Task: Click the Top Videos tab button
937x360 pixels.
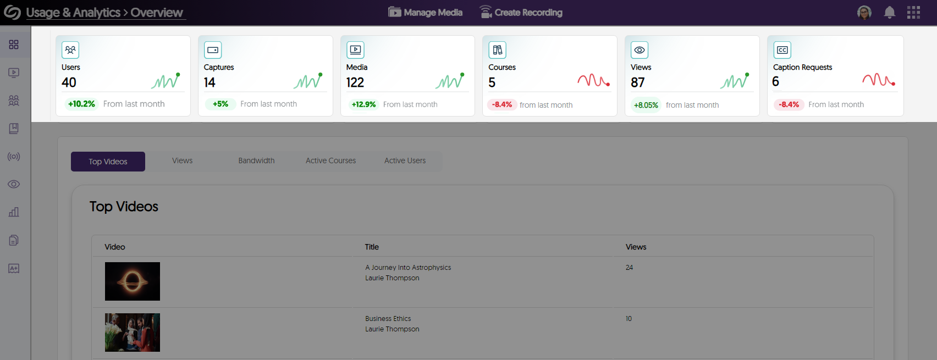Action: point(108,162)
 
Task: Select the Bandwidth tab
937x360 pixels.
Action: point(256,160)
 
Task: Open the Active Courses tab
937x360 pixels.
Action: point(330,160)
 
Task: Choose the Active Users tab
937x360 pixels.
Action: point(405,160)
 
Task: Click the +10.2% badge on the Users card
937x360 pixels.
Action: point(81,104)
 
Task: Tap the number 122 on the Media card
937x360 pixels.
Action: point(355,82)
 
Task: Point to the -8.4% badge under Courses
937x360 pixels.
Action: point(501,104)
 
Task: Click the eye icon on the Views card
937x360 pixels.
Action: point(640,50)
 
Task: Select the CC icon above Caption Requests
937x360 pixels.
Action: point(782,50)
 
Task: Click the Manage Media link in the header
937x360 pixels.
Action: point(426,12)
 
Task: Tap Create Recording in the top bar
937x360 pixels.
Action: point(521,12)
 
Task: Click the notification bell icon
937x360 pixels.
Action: point(889,13)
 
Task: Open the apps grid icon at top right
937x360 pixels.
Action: point(913,13)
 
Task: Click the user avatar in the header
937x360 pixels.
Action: point(864,13)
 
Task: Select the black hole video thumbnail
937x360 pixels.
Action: point(133,281)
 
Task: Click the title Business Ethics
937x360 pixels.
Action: point(388,319)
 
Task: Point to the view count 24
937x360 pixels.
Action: point(629,268)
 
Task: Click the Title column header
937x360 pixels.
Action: point(372,247)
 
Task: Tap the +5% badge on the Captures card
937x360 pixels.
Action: point(221,104)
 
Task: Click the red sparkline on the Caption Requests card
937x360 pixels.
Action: point(878,80)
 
